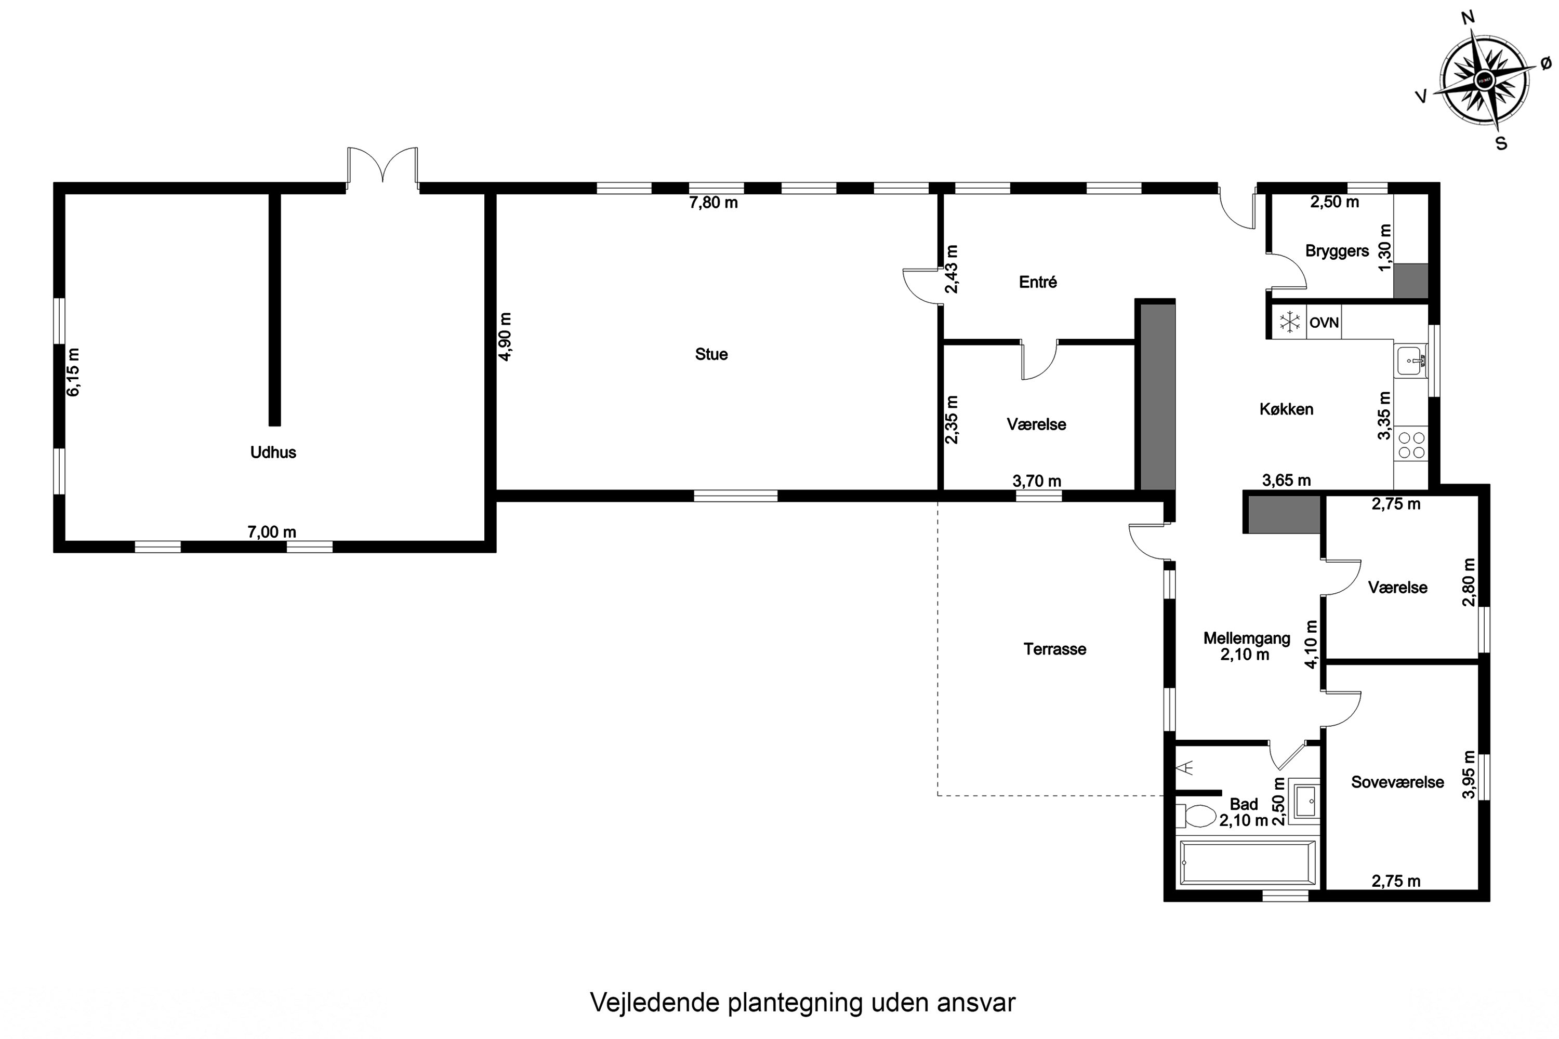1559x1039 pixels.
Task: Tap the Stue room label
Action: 711,354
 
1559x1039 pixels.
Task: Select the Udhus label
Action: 273,452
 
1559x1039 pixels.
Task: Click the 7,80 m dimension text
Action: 713,203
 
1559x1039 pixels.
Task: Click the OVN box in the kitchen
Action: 1324,323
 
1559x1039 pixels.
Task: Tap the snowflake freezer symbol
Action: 1289,323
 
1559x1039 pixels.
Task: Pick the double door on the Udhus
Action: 383,166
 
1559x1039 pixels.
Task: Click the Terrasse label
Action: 1054,649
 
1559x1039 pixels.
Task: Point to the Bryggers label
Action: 1337,251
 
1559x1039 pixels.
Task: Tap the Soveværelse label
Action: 1397,782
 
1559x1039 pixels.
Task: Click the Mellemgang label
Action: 1247,639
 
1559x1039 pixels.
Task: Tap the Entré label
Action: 1037,282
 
